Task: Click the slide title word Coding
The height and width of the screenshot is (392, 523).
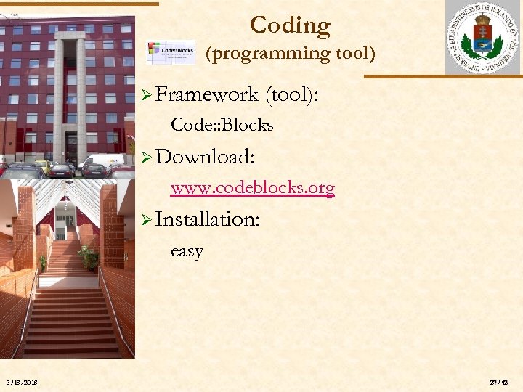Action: (290, 25)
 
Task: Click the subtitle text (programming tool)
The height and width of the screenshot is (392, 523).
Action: (290, 53)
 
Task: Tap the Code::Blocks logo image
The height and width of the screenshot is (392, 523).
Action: (171, 53)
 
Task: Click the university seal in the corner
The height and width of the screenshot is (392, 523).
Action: (482, 38)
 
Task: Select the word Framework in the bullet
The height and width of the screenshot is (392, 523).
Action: (206, 94)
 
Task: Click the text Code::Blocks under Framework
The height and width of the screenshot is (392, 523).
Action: (222, 125)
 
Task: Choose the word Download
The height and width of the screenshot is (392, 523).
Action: (203, 157)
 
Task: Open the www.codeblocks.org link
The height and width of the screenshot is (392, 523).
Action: (252, 188)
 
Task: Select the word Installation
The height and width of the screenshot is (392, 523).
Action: (207, 219)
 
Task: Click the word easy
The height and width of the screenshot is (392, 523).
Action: (187, 251)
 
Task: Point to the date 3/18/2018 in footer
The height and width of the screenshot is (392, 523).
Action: (23, 382)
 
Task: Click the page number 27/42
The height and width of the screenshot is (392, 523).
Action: (498, 382)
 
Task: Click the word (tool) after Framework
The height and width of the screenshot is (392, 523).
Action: (294, 94)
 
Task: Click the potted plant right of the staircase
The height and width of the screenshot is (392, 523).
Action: (91, 257)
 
